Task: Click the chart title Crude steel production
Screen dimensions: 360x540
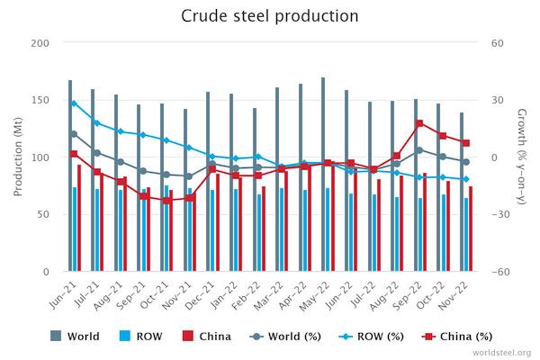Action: click(x=269, y=16)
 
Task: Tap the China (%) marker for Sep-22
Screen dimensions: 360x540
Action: click(x=419, y=123)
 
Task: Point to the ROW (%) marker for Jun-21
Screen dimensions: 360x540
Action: click(x=74, y=103)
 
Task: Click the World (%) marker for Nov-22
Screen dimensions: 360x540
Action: click(x=465, y=162)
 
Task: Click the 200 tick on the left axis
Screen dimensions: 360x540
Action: click(x=41, y=43)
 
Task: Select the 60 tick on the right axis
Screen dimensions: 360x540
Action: click(x=496, y=43)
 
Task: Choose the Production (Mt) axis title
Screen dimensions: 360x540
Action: click(x=18, y=157)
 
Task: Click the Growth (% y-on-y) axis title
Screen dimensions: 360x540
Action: click(x=522, y=157)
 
